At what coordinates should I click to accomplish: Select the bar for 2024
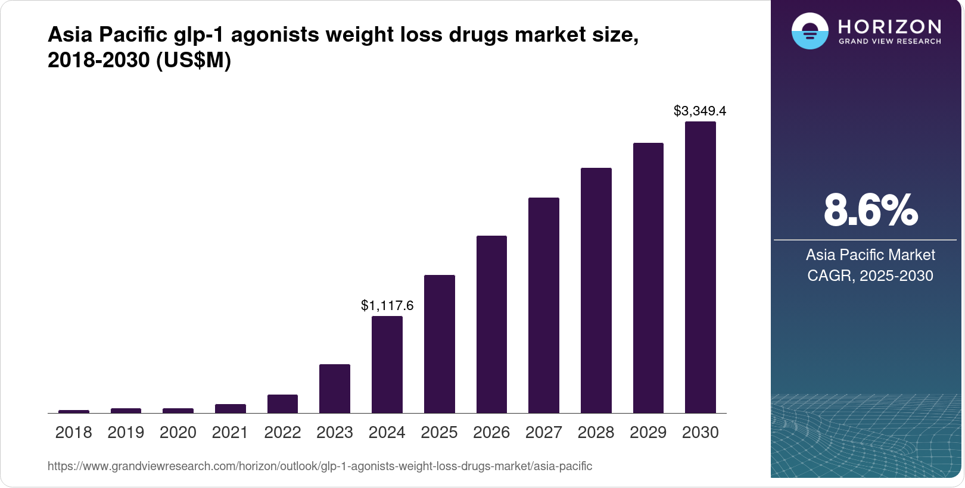pos(387,364)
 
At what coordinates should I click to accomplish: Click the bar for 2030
pos(700,267)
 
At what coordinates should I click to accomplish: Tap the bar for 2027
pos(543,305)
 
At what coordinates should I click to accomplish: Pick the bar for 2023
pos(334,389)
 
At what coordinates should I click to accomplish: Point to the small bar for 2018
pos(74,411)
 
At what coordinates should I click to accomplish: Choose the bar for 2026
pos(491,324)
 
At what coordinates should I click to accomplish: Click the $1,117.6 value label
pos(387,306)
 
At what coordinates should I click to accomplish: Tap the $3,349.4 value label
pos(700,111)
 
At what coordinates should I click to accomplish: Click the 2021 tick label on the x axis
pos(230,433)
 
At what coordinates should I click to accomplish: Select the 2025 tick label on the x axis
pos(439,433)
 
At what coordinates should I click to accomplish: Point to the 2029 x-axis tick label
pos(648,433)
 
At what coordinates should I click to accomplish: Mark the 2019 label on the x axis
pos(126,433)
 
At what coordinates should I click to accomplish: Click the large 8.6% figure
pos(870,210)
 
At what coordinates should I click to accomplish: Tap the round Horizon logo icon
pos(810,31)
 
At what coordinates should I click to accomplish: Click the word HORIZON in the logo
pos(889,27)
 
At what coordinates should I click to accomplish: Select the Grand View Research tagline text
pos(889,42)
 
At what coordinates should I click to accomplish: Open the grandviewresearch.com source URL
pos(320,466)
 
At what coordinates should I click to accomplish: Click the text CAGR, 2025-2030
pos(870,276)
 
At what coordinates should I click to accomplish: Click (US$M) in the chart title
pos(194,61)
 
